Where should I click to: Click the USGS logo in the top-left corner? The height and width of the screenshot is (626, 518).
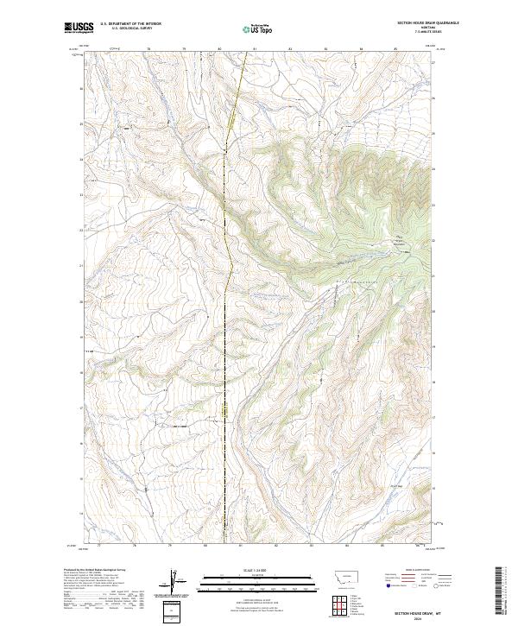click(x=79, y=27)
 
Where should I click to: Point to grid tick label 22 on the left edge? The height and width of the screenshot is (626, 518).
click(x=82, y=231)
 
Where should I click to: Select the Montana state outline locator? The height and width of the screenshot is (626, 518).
click(x=338, y=574)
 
